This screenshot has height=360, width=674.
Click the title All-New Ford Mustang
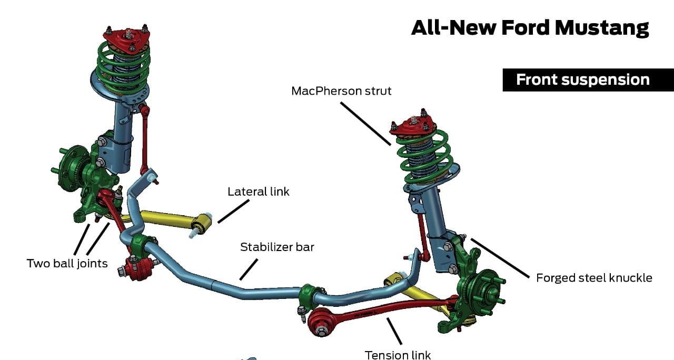(530, 27)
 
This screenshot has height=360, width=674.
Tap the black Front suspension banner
(582, 79)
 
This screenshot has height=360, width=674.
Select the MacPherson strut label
(341, 91)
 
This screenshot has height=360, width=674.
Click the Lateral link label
(258, 192)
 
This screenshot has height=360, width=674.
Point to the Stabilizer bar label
(277, 247)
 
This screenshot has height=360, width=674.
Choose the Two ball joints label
(67, 263)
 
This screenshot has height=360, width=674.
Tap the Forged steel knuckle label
(594, 278)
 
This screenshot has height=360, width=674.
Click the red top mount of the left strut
(127, 38)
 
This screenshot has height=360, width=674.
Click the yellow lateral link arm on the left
(168, 221)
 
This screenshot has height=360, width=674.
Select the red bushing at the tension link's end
(320, 322)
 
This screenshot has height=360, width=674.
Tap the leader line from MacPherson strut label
(365, 123)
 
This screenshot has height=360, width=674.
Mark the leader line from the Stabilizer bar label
(249, 269)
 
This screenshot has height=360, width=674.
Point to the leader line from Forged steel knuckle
(500, 258)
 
